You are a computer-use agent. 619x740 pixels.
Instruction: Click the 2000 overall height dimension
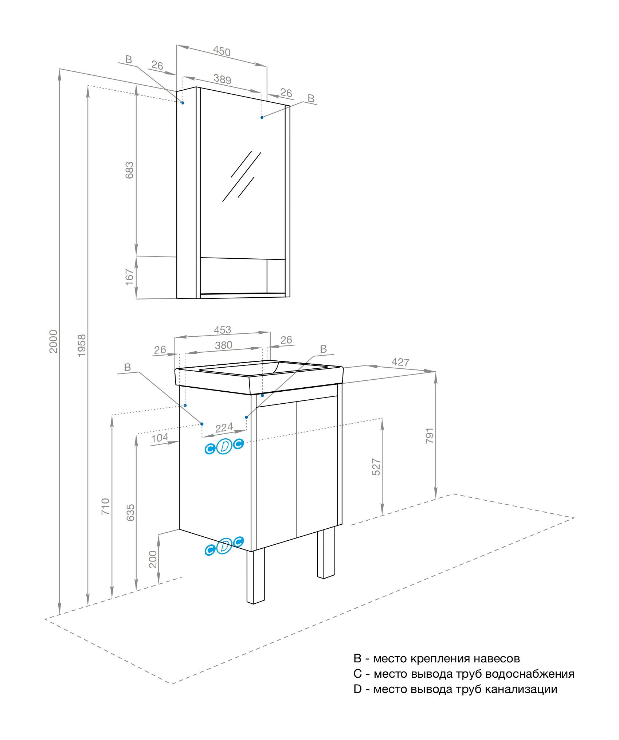click(x=53, y=341)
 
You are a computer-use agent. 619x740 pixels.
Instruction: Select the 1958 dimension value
click(x=82, y=345)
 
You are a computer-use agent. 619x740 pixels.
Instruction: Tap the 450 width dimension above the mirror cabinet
click(x=222, y=51)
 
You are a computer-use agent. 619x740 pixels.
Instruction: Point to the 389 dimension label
click(x=222, y=79)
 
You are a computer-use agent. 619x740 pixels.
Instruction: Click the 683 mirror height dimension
click(x=129, y=170)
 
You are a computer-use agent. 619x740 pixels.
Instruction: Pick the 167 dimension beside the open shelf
click(x=129, y=277)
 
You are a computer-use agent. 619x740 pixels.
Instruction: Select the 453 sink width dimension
click(x=222, y=330)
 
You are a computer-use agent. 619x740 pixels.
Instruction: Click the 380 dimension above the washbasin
click(x=223, y=345)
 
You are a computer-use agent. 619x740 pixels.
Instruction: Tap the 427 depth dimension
click(x=400, y=362)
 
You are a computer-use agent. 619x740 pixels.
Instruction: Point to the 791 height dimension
click(x=430, y=435)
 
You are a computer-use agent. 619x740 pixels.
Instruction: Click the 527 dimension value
click(x=376, y=467)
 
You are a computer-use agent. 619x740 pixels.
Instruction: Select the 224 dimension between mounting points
click(x=224, y=427)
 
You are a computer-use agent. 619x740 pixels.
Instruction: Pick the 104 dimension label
click(x=160, y=438)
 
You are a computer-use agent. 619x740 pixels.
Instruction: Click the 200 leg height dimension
click(x=153, y=559)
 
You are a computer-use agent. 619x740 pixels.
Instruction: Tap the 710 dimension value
click(x=105, y=506)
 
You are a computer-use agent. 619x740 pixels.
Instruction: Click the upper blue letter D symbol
click(x=224, y=446)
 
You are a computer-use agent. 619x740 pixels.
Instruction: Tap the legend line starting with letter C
click(x=463, y=674)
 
